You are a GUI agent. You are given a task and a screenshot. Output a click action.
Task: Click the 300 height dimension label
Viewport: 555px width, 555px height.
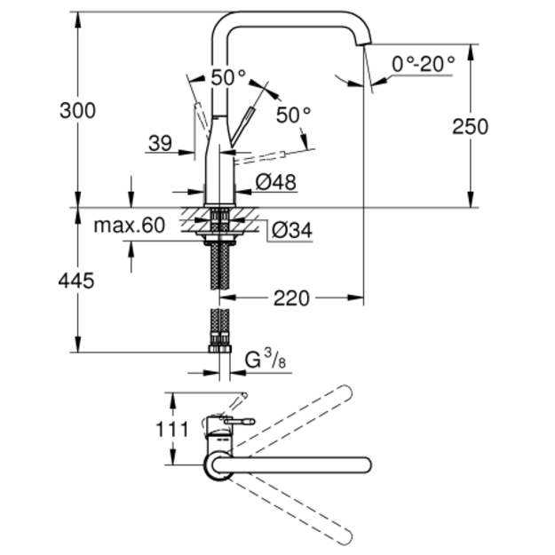77,110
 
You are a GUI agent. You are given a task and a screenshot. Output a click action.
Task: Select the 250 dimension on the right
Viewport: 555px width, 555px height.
471,126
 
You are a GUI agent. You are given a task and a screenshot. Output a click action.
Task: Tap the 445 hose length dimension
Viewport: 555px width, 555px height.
76,281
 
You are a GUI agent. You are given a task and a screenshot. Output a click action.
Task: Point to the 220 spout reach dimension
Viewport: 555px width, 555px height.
291,298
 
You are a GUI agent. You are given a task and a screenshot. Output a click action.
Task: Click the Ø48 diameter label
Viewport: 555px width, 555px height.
276,182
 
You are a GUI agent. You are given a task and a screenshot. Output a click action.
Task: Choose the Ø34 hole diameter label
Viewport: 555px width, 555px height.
292,230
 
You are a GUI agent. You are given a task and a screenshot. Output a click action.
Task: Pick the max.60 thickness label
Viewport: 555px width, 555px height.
130,226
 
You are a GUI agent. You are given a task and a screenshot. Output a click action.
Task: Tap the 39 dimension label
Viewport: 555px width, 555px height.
161,143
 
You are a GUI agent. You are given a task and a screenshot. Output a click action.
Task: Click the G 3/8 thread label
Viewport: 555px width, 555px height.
266,360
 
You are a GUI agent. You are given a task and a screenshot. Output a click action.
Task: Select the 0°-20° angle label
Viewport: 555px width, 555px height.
424,65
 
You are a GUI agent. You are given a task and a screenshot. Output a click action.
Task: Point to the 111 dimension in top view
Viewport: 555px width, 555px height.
172,430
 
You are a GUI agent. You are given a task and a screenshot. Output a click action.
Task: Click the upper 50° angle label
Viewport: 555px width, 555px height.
228,77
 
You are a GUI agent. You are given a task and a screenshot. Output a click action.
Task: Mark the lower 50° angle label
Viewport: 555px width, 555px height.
293,115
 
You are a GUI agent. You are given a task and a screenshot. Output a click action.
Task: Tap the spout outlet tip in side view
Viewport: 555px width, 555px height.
364,43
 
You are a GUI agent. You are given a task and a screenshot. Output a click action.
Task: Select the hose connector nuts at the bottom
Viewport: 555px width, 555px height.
220,349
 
